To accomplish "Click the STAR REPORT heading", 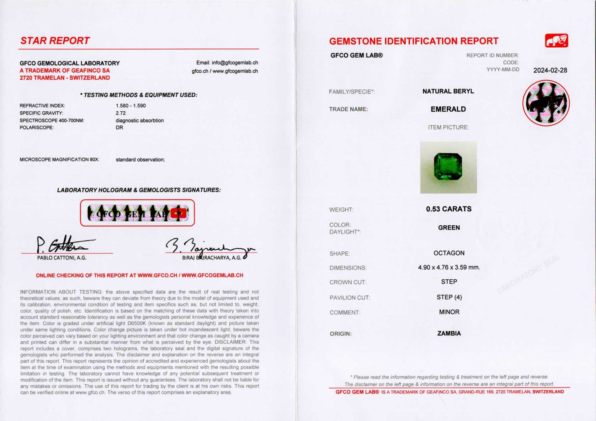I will point(55,41).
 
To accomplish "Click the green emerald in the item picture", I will point(448,166).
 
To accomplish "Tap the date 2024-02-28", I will point(550,70).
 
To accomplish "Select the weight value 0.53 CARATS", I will point(449,209).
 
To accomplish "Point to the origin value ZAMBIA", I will point(449,333).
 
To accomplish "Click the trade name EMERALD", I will point(448,109).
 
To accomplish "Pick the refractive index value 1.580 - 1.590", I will point(130,106).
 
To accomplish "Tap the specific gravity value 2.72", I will point(120,113).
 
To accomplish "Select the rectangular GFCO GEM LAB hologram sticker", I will point(137,213).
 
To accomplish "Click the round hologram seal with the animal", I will point(546,103).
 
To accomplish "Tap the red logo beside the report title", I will point(556,41).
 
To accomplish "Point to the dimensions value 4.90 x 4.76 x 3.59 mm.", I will point(449,267).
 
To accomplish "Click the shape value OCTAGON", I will point(449,253).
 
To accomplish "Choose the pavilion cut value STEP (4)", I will point(449,297).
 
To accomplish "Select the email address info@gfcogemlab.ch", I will point(235,63).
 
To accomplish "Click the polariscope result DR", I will point(119,128).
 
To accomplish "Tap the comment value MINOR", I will point(449,312).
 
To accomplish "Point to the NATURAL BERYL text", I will point(448,91).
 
